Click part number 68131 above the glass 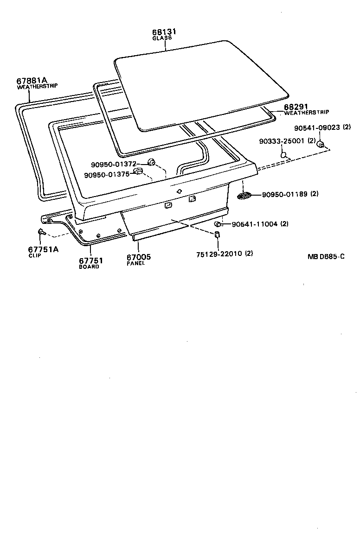[164, 32]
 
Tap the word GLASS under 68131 [162, 38]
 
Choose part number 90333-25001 [282, 141]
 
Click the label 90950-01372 [113, 165]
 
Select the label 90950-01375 [107, 175]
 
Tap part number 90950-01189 [285, 194]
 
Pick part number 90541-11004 [255, 224]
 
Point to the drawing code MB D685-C [325, 256]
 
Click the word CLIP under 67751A [34, 255]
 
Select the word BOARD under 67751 [89, 267]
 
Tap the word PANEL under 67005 [136, 263]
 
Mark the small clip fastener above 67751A [42, 232]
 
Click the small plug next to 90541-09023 [320, 145]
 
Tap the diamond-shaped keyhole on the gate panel [180, 191]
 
